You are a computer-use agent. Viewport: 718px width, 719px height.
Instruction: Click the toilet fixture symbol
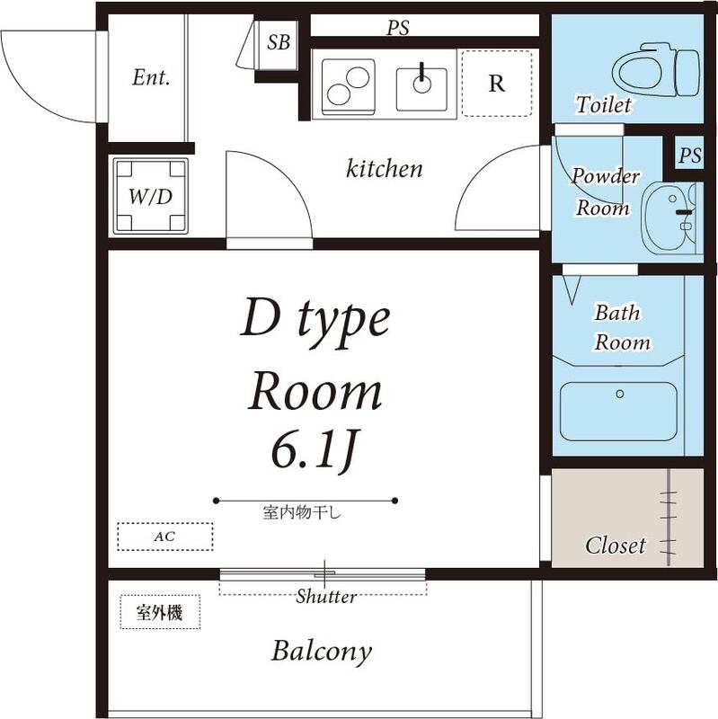[x=656, y=70]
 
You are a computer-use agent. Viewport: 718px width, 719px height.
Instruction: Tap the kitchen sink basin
[x=421, y=89]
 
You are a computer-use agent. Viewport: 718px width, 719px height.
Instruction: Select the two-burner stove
[x=349, y=87]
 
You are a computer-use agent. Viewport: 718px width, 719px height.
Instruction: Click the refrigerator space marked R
[x=497, y=84]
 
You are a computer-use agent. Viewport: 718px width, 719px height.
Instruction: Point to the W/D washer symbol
[x=150, y=196]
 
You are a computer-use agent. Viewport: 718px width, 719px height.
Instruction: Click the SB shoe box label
[x=279, y=42]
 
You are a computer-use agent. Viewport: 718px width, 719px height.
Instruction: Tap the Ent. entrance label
[x=151, y=77]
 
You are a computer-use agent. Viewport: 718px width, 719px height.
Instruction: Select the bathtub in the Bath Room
[x=618, y=412]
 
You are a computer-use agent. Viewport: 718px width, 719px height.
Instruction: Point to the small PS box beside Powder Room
[x=690, y=155]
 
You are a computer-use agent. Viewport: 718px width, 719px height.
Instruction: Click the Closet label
[x=616, y=546]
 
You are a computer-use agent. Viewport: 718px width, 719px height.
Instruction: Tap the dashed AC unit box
[x=165, y=537]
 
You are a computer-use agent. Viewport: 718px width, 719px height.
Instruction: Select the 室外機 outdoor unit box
[x=160, y=612]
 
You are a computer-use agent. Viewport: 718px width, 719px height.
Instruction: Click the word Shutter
[x=326, y=597]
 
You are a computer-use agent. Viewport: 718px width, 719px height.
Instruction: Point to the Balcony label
[x=321, y=652]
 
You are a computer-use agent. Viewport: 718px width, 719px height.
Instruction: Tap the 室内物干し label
[x=302, y=511]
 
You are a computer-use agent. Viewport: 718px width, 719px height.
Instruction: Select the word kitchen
[x=385, y=168]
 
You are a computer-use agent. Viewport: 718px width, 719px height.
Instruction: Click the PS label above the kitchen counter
[x=397, y=28]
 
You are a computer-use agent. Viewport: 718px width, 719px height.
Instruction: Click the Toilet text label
[x=603, y=104]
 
